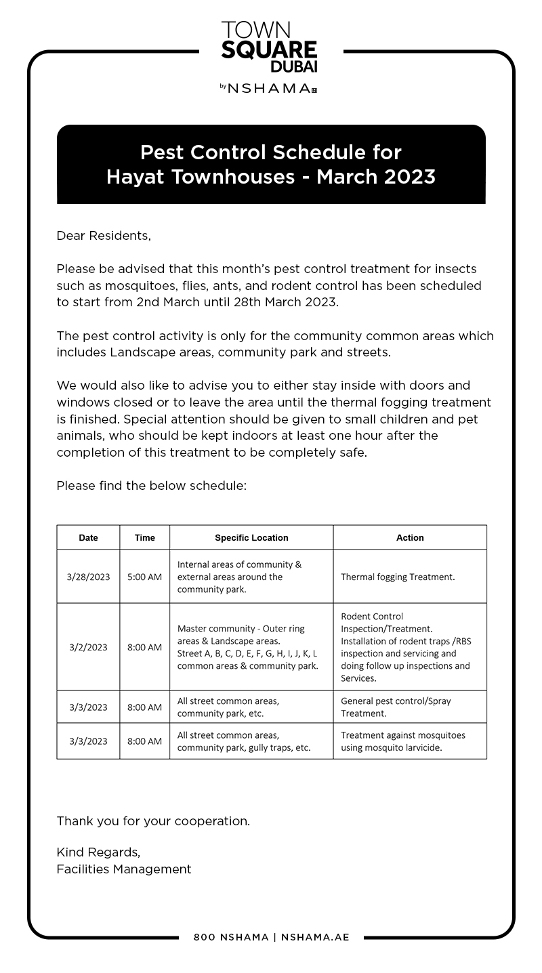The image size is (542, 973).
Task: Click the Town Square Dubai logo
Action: (269, 47)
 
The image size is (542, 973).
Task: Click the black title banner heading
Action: (271, 164)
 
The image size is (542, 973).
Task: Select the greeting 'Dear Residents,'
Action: (104, 236)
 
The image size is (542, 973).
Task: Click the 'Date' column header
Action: (88, 537)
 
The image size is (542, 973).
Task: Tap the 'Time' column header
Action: (144, 537)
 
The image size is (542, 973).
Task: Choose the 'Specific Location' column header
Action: (251, 537)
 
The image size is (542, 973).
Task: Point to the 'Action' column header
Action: (410, 537)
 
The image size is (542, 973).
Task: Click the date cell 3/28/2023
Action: (88, 577)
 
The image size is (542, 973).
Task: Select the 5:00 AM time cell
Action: (144, 577)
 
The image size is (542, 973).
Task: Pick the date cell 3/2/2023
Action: (88, 647)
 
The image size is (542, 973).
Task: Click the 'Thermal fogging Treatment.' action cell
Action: (398, 577)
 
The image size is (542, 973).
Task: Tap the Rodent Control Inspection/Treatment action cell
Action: (405, 647)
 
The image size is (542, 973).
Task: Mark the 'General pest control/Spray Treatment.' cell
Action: (396, 707)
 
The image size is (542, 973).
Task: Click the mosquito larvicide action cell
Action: (402, 741)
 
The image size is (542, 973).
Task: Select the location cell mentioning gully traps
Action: (244, 741)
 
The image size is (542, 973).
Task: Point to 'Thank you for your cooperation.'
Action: (153, 821)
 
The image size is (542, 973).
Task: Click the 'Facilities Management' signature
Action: (124, 869)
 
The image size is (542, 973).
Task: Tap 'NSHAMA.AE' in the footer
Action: (315, 937)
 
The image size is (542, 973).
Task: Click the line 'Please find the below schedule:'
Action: (151, 485)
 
